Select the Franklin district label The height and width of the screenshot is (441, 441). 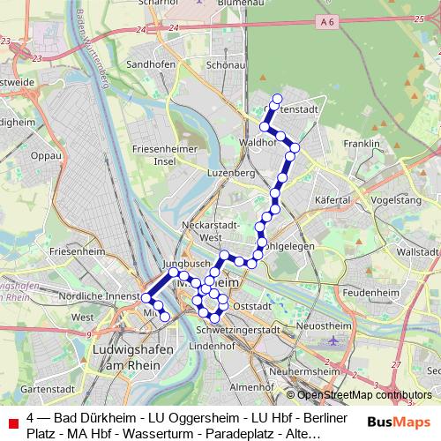(362, 143)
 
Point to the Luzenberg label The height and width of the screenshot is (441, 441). (230, 173)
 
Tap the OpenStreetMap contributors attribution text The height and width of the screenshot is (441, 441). (364, 395)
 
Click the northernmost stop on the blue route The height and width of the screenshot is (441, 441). (277, 99)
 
